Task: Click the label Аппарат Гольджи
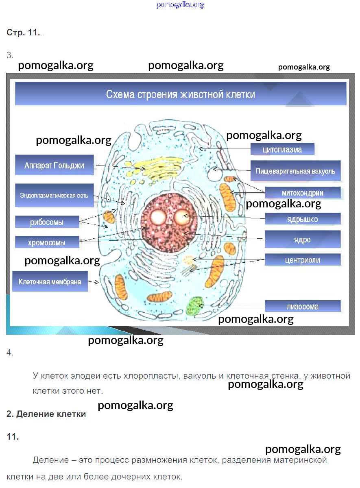click(54, 165)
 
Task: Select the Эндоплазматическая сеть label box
click(54, 195)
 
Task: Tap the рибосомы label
click(47, 222)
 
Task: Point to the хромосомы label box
click(47, 242)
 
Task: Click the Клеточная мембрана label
click(50, 281)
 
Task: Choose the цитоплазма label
click(282, 149)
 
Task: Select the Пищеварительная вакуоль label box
click(295, 171)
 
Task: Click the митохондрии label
click(303, 192)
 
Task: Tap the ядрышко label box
click(303, 219)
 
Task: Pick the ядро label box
click(303, 239)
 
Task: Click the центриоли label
click(303, 260)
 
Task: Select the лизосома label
click(303, 306)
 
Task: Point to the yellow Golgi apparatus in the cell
click(159, 170)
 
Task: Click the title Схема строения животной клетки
click(181, 94)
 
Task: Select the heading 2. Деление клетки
click(46, 414)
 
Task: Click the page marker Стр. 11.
click(23, 33)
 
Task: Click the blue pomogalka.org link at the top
click(180, 5)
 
